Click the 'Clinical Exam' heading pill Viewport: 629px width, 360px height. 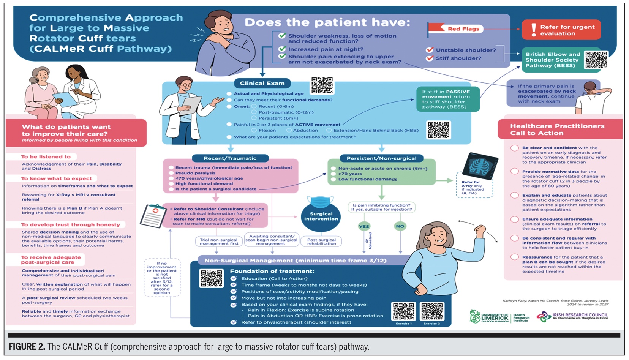(262, 83)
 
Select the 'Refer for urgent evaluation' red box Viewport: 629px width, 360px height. (561, 30)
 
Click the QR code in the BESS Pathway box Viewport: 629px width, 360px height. (596, 60)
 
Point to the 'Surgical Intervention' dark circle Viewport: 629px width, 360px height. (321, 216)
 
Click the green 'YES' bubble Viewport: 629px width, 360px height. (364, 226)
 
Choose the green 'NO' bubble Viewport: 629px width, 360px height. (400, 226)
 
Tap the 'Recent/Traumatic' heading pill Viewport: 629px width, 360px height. (230, 158)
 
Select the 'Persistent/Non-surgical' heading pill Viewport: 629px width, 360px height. (381, 158)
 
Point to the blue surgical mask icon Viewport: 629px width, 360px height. (320, 202)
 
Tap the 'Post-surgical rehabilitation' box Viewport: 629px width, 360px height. (321, 242)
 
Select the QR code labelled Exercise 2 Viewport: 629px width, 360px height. (432, 311)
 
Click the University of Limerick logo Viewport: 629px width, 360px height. (488, 317)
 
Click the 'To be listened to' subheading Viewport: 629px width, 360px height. (46, 156)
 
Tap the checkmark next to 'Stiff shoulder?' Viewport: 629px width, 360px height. (430, 58)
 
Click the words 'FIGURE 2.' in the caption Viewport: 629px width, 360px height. (27, 347)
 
